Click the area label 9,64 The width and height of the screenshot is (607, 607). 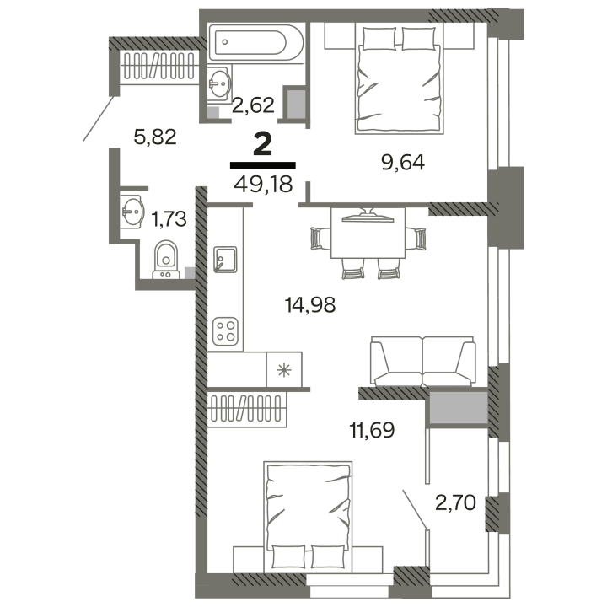click(402, 162)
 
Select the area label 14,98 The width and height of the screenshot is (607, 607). click(310, 305)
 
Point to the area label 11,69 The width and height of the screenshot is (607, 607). click(372, 432)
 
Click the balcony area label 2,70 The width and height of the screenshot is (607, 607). click(454, 504)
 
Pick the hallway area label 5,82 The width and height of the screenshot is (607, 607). click(155, 137)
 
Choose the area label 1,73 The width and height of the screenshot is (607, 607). click(169, 221)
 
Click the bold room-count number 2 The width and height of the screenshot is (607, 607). click(262, 144)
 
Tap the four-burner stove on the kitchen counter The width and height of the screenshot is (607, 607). click(225, 330)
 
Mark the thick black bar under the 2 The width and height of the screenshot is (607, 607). click(262, 165)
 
